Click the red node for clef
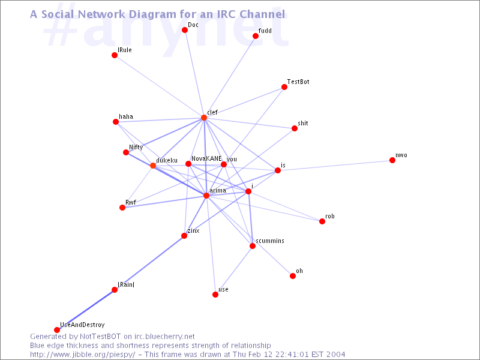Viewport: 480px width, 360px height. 204,118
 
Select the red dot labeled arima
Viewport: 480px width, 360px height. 206,196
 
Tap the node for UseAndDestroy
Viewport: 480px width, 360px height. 57,329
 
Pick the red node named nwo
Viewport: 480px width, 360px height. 392,160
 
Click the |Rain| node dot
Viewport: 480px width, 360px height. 115,290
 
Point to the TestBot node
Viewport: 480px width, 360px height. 284,87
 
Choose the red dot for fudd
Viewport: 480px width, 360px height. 256,36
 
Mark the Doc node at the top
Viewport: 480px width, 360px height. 185,30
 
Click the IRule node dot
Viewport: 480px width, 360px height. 115,55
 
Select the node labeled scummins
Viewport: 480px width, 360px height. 253,246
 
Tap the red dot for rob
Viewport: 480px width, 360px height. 322,221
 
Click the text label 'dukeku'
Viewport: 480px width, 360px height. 167,161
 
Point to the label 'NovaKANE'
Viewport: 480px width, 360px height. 206,158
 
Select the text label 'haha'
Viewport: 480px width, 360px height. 126,116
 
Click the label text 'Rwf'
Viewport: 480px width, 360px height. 131,202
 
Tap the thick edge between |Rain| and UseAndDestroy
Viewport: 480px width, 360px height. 86,310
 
